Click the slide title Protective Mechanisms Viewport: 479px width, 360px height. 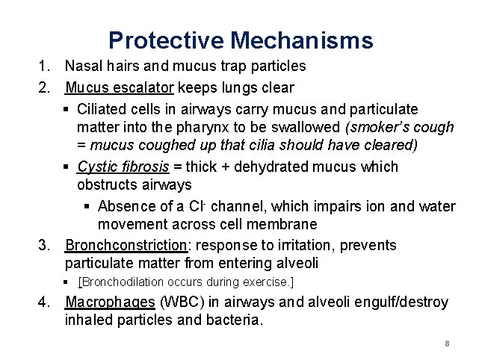(x=240, y=39)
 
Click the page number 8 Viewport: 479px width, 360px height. (x=446, y=344)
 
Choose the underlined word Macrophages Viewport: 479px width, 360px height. (x=109, y=302)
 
